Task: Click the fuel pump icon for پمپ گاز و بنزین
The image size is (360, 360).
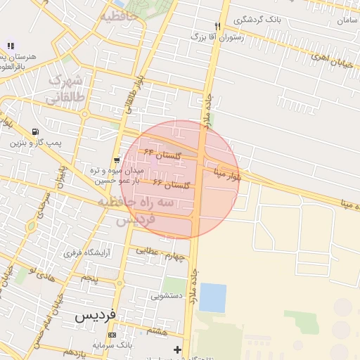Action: pyautogui.click(x=35, y=131)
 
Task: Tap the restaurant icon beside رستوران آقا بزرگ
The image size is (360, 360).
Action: pyautogui.click(x=218, y=27)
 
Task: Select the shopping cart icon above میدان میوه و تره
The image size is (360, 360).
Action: pyautogui.click(x=117, y=160)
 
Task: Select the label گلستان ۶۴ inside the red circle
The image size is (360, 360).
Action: pyautogui.click(x=163, y=153)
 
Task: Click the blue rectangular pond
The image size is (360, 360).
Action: pyautogui.click(x=213, y=297)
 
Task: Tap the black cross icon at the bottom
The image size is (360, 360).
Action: pyautogui.click(x=177, y=349)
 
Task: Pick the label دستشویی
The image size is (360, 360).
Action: pyautogui.click(x=167, y=297)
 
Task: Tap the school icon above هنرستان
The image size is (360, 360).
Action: pyautogui.click(x=11, y=46)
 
